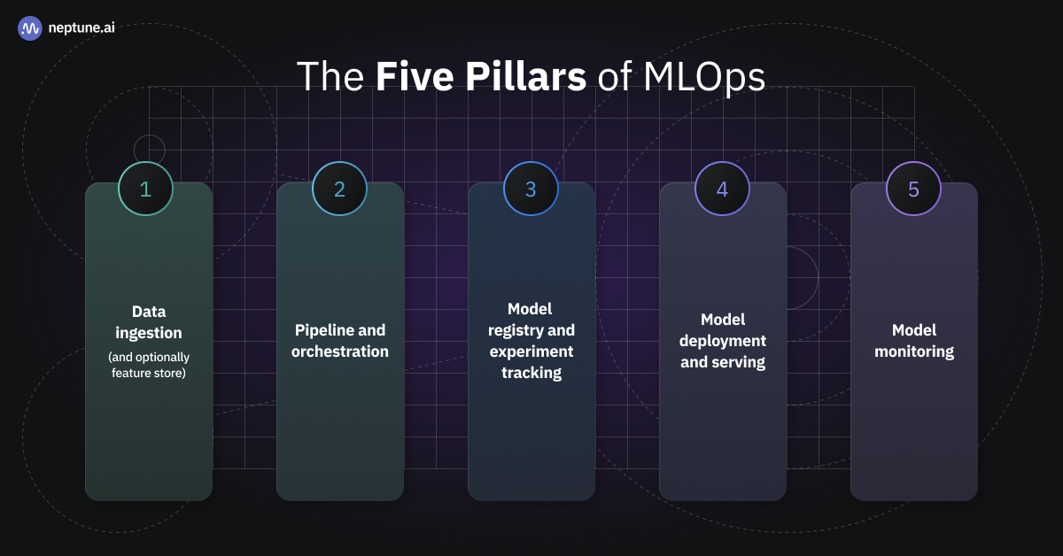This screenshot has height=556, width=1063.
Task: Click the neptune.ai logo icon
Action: pos(30,28)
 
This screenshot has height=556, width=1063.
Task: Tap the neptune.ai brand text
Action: pos(81,28)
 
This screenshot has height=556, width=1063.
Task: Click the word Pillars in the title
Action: pos(481,76)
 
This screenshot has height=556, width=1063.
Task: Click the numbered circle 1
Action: pos(145,189)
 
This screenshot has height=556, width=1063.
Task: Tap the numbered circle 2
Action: pos(339,189)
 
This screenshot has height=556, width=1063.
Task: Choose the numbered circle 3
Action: pos(531,189)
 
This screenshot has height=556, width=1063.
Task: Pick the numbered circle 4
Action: pos(722,189)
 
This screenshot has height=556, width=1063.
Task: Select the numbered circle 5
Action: pos(913,189)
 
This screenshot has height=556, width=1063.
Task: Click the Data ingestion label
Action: pos(149,322)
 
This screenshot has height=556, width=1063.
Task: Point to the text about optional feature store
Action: pos(149,365)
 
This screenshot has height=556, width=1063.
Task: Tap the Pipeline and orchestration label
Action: pos(340,341)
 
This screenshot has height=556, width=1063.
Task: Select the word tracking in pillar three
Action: pos(531,373)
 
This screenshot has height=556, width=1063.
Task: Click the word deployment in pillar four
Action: pos(723,341)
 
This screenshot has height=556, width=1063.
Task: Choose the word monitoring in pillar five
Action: pos(914,351)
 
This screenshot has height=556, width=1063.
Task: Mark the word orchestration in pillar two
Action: pos(340,351)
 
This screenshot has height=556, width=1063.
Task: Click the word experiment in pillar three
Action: pos(531,351)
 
